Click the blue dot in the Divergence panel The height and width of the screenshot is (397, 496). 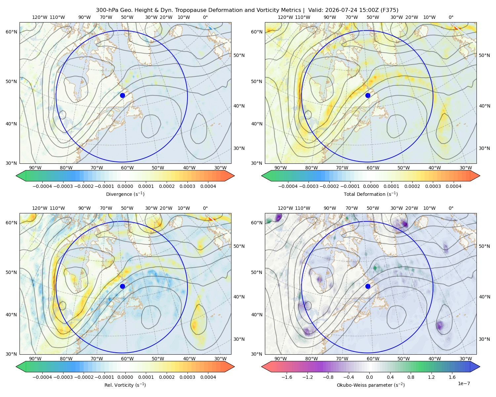(x=122, y=95)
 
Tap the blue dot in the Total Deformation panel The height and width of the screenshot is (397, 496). (x=368, y=95)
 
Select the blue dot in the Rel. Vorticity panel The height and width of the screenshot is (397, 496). (x=122, y=286)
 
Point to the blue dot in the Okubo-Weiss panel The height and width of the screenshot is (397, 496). (x=368, y=286)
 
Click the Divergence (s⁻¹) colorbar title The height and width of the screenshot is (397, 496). (x=125, y=194)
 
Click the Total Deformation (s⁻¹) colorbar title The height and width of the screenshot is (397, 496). (x=371, y=194)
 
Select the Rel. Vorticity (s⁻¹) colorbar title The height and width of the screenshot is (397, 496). (x=125, y=385)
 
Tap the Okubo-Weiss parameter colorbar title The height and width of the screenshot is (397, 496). (x=371, y=385)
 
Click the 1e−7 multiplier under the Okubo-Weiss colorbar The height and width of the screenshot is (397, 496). (x=464, y=383)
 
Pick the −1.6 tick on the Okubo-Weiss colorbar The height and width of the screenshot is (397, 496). (x=287, y=377)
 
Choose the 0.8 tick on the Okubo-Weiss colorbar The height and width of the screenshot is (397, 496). (x=411, y=377)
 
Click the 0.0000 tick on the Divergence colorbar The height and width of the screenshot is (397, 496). (x=125, y=186)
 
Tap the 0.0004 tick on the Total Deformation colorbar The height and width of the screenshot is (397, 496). (x=453, y=186)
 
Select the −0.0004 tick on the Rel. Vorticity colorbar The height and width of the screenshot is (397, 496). (x=42, y=377)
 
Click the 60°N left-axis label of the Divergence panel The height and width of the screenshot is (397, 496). (x=11, y=32)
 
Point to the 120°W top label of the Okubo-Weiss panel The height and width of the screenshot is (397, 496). (x=285, y=208)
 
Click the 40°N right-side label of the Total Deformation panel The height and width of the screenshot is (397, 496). (x=484, y=106)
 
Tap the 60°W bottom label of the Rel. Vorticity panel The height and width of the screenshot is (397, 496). (x=127, y=359)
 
